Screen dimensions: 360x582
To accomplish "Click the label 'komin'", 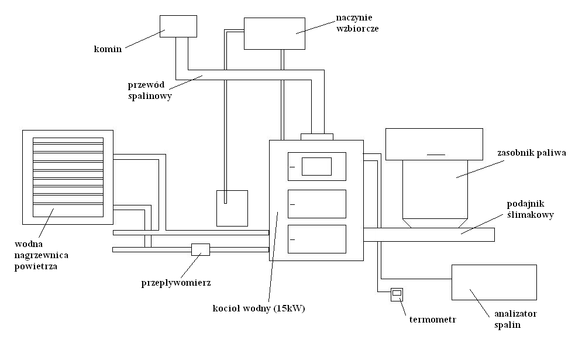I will point(108,49).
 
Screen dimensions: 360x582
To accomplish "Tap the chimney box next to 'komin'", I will point(178,26).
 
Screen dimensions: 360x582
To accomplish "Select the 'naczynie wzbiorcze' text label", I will point(357,22).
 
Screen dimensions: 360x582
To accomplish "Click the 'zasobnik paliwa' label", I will point(531,153).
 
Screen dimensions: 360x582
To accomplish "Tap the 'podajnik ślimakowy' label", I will point(530,210).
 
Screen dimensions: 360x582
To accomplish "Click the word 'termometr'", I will point(432,320).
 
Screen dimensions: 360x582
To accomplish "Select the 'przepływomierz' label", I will point(176,283).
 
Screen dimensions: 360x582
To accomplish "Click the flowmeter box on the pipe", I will point(200,249).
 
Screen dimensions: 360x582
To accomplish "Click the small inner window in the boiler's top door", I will point(316,166).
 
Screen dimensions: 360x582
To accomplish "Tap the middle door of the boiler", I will point(317,204).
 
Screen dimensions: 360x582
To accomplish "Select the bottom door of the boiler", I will point(317,239).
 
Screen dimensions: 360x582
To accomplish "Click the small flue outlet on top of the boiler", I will point(316,137).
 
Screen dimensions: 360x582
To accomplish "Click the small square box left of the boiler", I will point(232,208).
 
